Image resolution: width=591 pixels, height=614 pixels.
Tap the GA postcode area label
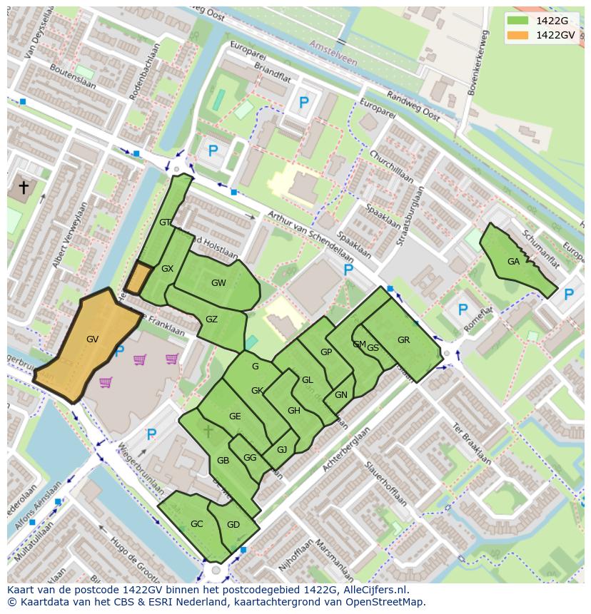(513, 262)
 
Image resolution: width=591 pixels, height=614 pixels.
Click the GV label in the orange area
(92, 339)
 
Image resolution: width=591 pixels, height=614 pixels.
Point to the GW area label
(218, 283)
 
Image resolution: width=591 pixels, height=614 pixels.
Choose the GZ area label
(211, 319)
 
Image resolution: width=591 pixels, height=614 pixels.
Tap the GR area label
(403, 340)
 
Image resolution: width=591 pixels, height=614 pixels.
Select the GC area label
(197, 524)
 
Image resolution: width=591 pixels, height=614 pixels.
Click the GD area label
(233, 525)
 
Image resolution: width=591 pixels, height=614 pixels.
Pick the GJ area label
(282, 450)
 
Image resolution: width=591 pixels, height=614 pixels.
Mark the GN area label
(341, 395)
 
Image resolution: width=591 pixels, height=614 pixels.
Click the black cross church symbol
(24, 188)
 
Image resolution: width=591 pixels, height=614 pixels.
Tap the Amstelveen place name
(333, 53)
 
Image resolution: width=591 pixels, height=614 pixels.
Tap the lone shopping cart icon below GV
(106, 383)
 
